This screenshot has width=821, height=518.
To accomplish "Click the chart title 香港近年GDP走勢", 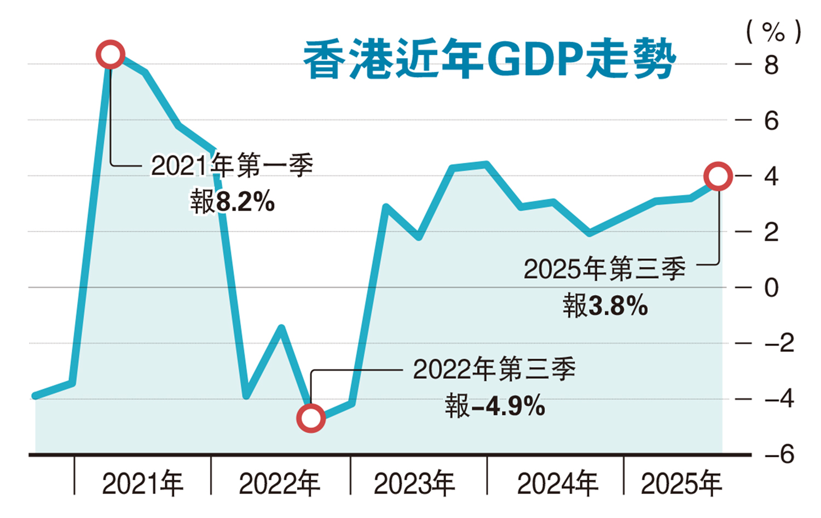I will click(x=489, y=59).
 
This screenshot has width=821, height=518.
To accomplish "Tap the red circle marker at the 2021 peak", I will click(x=111, y=54).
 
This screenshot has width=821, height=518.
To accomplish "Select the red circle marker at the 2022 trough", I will click(x=311, y=418).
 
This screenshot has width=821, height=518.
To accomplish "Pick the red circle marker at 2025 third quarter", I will click(x=718, y=176).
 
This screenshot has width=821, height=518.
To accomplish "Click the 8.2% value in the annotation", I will click(x=245, y=202).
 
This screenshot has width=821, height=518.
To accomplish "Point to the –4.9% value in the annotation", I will click(x=507, y=406).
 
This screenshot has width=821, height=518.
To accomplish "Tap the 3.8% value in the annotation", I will click(x=618, y=306).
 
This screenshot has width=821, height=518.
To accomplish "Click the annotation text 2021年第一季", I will click(x=232, y=165).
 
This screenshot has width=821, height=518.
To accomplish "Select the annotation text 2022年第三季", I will click(x=494, y=370).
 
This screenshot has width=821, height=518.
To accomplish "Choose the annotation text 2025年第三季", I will click(x=604, y=269).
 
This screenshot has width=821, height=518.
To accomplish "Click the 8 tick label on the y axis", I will click(x=771, y=65).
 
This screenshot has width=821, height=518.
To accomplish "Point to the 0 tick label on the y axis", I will click(x=771, y=287).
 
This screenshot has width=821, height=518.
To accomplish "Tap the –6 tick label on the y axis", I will click(x=779, y=454).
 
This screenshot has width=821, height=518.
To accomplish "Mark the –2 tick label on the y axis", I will click(x=779, y=343).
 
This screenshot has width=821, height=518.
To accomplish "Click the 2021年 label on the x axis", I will click(x=142, y=484).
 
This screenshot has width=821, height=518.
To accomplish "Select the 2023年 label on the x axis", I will click(x=414, y=484).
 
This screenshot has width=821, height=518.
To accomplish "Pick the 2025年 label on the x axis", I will click(x=681, y=484).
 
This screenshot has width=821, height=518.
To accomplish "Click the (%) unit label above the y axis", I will click(x=773, y=32).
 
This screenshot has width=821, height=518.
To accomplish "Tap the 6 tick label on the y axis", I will click(x=771, y=121).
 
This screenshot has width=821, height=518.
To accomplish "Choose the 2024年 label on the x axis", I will click(x=557, y=484).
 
